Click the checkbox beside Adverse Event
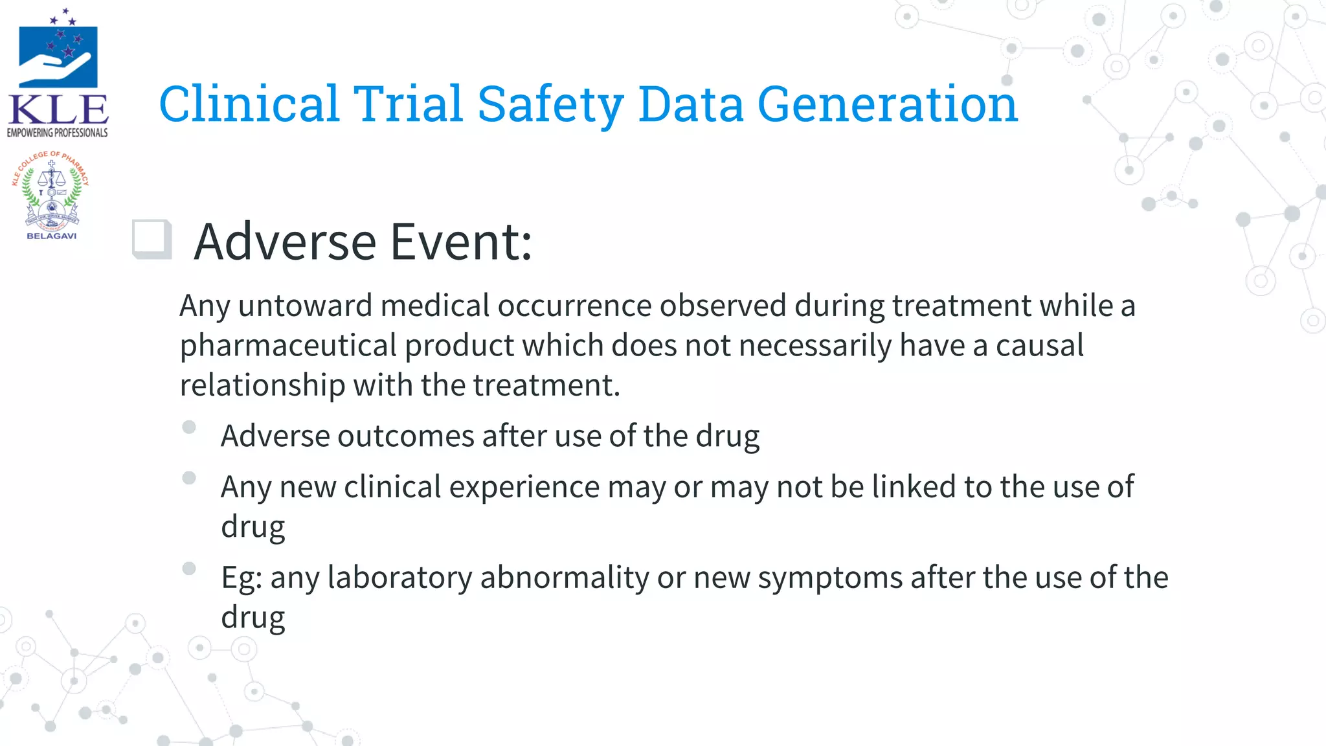[x=152, y=240]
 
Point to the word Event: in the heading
[x=461, y=242]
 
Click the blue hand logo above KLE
[x=58, y=57]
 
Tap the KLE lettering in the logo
[x=58, y=110]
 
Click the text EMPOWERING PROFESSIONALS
[x=58, y=133]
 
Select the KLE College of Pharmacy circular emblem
[x=51, y=191]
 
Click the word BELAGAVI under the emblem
[x=51, y=236]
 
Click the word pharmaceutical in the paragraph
[x=288, y=346]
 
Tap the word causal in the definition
[x=1039, y=346]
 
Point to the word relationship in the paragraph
[x=262, y=385]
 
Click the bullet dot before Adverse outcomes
[x=189, y=427]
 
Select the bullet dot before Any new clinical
[x=189, y=478]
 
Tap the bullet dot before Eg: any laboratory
[x=189, y=569]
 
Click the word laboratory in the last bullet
[x=399, y=578]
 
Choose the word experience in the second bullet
[x=524, y=487]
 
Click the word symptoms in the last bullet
[x=830, y=578]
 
